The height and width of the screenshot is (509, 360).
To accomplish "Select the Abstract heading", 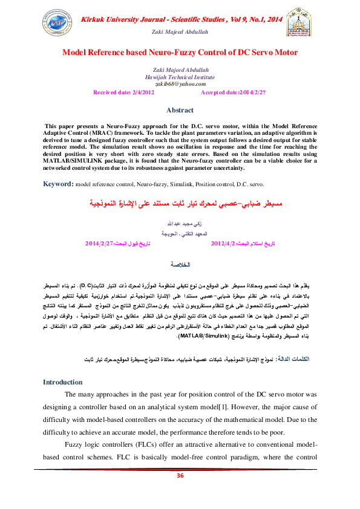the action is (x=180, y=110).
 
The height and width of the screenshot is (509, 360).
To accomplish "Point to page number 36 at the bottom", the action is (x=180, y=476).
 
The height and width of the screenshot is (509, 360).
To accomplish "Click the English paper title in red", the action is (x=180, y=53).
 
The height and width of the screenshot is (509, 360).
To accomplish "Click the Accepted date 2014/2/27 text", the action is (x=233, y=92).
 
